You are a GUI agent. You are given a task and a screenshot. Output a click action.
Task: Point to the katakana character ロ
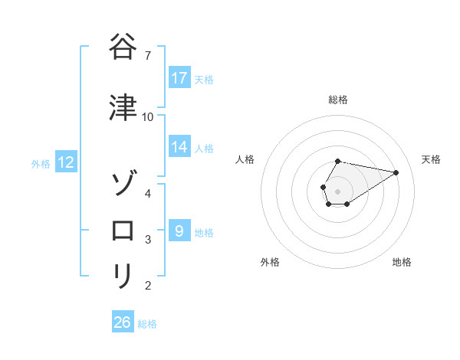point(123,230)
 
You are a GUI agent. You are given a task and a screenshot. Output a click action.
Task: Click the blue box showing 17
point(179,78)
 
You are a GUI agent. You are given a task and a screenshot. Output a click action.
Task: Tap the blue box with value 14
point(179,147)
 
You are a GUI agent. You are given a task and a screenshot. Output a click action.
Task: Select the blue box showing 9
point(179,231)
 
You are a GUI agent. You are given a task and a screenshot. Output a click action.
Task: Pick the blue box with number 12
point(66,162)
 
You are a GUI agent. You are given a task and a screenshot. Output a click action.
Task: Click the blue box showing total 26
point(123,322)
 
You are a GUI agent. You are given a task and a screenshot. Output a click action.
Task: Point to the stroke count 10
point(148,116)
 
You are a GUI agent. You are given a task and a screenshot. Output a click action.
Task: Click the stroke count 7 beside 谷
point(148,55)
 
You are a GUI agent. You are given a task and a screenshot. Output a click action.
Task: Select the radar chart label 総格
point(338,100)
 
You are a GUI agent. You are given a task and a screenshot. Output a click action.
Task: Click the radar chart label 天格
point(431,159)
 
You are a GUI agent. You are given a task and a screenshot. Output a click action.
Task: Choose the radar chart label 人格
point(245,159)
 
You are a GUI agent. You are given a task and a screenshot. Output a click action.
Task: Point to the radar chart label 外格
point(270,262)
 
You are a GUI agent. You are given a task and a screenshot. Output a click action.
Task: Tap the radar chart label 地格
point(402,262)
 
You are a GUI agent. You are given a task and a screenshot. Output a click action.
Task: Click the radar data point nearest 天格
point(396,172)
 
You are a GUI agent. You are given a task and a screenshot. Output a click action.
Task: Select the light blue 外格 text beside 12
point(40,163)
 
